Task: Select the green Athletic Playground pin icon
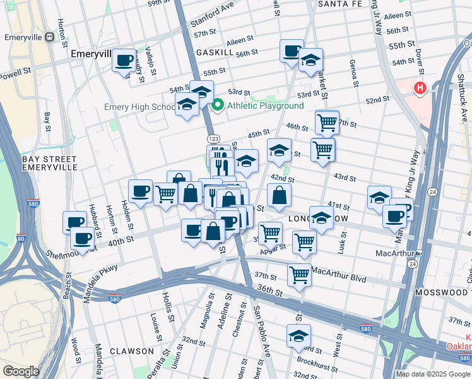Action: point(218,105)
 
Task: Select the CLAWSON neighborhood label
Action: point(131,351)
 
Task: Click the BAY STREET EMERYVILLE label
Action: point(49,163)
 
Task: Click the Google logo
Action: point(21,371)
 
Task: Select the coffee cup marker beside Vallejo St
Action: point(124,61)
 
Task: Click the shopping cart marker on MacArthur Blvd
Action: point(298,275)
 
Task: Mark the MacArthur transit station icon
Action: point(418,253)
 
